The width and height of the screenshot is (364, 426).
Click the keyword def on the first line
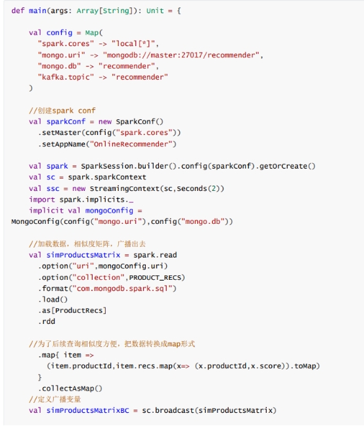pos(18,11)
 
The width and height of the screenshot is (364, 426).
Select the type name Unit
pos(155,11)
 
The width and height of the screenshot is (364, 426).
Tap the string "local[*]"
pos(133,43)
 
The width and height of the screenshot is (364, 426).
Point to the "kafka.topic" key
pos(66,77)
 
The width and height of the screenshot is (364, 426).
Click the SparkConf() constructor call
pos(139,121)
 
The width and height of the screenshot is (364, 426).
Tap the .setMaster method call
pos(60,132)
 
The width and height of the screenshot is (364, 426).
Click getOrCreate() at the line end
pos(287,166)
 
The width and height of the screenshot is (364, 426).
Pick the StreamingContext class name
pos(124,188)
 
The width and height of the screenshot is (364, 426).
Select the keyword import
pos(42,200)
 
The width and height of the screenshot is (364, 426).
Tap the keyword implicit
pos(47,211)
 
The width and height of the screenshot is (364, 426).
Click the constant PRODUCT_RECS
pos(155,277)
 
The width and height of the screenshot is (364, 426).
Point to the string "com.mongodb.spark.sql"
pos(122,288)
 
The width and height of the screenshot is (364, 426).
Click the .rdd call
pos(47,322)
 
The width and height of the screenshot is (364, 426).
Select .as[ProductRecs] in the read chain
pos(72,311)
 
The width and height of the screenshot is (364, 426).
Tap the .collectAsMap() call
pos(70,388)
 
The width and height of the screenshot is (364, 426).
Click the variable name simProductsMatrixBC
pos(87,410)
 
